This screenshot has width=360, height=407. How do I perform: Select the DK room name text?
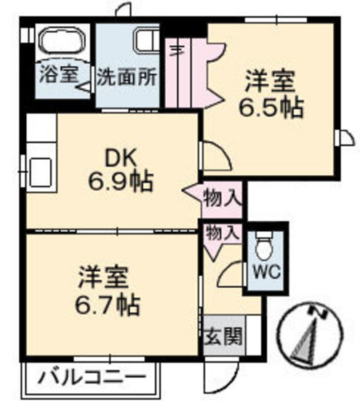click(118, 156)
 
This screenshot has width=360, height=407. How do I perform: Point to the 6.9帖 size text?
click(121, 182)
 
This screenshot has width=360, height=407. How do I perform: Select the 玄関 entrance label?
click(223, 338)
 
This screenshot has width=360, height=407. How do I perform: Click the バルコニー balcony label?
click(91, 378)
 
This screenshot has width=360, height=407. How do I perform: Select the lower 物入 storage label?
click(222, 233)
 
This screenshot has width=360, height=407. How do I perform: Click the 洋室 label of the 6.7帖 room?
click(104, 277)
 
